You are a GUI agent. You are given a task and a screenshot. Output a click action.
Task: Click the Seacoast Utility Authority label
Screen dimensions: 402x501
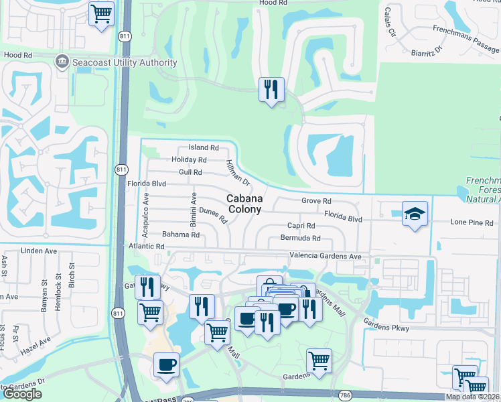coord(125,62)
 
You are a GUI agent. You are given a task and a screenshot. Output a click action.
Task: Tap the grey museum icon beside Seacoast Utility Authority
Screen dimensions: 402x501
coord(62,62)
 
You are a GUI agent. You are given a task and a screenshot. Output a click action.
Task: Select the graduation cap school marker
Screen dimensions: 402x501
coord(415,214)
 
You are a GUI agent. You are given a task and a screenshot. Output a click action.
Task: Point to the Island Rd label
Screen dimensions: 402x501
coord(204,147)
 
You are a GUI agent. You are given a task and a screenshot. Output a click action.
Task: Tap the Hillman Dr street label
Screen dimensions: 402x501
coord(238,173)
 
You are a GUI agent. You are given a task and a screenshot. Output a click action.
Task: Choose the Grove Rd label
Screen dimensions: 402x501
coord(316,201)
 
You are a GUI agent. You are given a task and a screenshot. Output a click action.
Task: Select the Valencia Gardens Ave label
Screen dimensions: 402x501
coord(326,256)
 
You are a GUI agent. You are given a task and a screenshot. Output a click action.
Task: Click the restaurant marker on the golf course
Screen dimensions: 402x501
coord(271,90)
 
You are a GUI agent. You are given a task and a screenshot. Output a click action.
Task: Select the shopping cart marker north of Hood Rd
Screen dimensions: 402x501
coord(101,13)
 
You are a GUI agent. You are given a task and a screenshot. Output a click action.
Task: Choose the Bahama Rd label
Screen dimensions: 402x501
coord(181,234)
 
